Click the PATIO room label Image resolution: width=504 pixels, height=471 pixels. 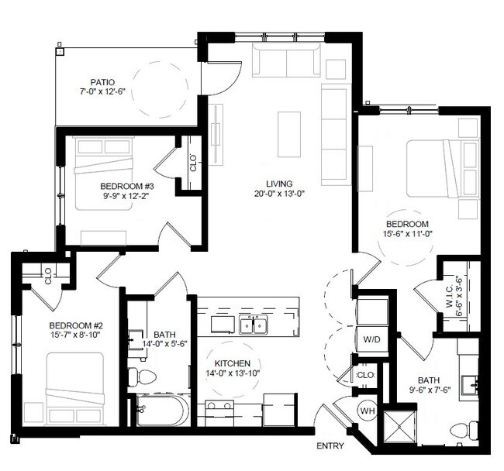coord(102,82)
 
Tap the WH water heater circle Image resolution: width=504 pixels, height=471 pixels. coord(368,411)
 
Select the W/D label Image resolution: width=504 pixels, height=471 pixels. coord(371,339)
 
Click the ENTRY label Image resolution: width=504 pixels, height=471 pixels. coord(330,445)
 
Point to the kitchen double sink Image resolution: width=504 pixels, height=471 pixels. coord(253,325)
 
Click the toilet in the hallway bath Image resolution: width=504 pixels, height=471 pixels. coord(142,376)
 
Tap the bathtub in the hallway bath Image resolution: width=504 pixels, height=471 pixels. coord(161,411)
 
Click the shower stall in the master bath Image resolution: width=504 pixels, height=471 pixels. coord(399,426)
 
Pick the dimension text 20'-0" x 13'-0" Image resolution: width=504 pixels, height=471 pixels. coord(279,194)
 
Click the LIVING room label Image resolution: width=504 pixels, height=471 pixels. coord(279,184)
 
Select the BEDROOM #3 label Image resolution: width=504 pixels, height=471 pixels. coord(127,186)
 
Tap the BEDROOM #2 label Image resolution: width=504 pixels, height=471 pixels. coord(76,325)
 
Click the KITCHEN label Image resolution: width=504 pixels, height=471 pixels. coord(233,363)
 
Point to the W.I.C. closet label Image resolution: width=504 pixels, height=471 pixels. coord(450,296)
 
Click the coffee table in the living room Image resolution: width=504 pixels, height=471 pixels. coord(289,134)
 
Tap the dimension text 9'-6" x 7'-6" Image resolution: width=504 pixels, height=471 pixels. coord(430,390)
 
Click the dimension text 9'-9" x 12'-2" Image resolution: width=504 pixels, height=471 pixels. coord(126,196)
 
